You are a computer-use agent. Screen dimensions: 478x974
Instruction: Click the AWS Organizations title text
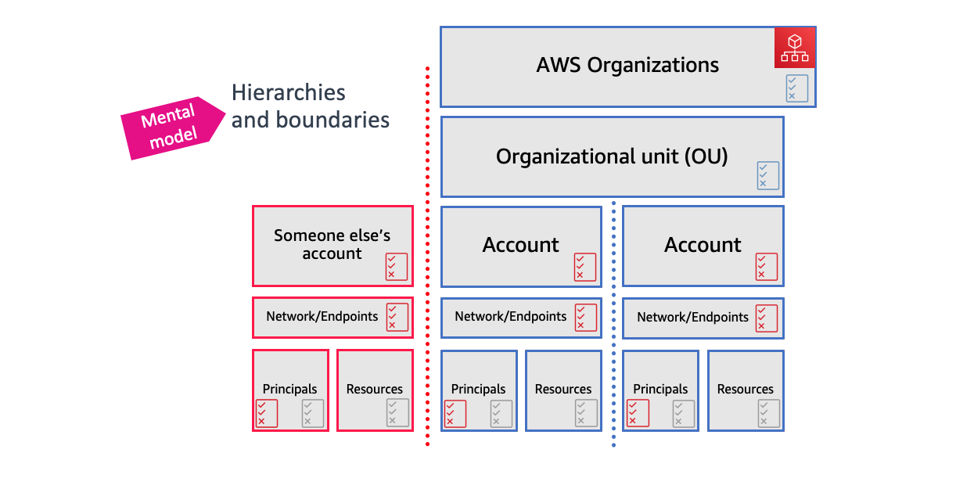point(627,65)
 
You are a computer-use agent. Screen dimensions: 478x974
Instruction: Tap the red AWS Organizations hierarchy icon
point(795,48)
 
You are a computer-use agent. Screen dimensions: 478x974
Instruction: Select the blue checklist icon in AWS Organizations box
point(796,88)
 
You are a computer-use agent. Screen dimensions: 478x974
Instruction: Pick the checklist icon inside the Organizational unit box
point(767,175)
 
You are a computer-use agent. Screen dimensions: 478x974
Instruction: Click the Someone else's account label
point(332,244)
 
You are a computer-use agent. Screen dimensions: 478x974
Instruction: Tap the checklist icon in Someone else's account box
point(397,267)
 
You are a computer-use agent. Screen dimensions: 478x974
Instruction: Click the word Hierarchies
point(288,92)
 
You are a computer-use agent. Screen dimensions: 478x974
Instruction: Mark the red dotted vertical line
point(427,258)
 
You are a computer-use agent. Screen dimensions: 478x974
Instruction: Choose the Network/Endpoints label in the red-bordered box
point(322,317)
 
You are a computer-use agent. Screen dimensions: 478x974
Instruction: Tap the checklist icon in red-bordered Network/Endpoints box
point(397,318)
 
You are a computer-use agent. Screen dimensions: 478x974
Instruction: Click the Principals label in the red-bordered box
point(289,389)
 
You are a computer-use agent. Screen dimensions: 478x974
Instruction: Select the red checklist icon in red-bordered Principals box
point(267,413)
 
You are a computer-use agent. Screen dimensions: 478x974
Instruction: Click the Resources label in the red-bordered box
point(374,389)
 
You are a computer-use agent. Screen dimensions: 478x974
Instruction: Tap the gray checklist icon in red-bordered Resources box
point(397,413)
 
